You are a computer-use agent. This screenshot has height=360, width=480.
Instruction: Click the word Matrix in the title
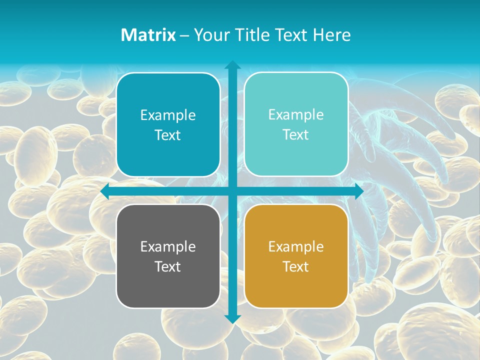click(x=148, y=35)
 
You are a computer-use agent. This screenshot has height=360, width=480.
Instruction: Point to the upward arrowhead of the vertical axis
click(x=232, y=65)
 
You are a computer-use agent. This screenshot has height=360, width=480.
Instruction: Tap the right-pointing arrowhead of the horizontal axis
click(x=358, y=191)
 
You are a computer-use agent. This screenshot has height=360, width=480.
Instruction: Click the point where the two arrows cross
click(x=232, y=191)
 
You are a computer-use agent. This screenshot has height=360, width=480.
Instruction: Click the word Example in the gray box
click(x=168, y=246)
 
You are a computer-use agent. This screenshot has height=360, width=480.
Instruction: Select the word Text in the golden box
click(x=296, y=266)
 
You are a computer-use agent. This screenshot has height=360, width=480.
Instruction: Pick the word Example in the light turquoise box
click(x=296, y=114)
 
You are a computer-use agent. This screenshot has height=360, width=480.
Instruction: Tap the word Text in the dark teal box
click(x=168, y=135)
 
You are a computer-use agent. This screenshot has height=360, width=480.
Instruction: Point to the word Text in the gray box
click(x=168, y=266)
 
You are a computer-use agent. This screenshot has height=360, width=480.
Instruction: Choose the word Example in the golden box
click(x=296, y=246)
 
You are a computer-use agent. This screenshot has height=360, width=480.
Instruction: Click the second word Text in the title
click(x=292, y=35)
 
